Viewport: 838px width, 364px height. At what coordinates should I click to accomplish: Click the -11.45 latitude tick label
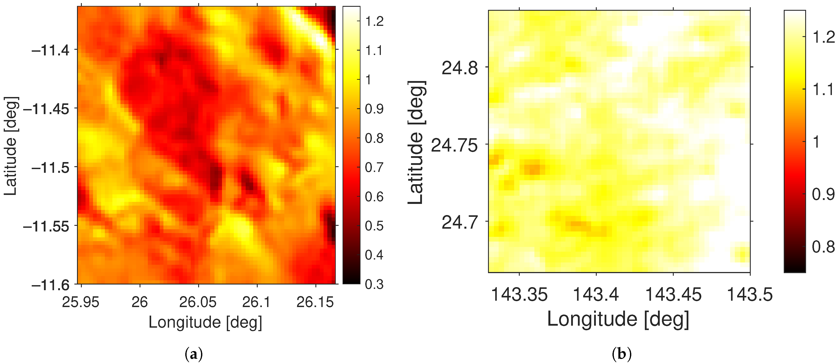pyautogui.click(x=46, y=109)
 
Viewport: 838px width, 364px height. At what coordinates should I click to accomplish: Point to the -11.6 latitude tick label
pyautogui.click(x=51, y=285)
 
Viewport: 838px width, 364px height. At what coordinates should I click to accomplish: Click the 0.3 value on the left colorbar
pyautogui.click(x=374, y=284)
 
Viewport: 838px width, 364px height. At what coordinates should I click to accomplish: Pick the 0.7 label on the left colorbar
pyautogui.click(x=374, y=168)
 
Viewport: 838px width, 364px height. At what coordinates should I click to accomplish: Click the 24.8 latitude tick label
pyautogui.click(x=460, y=68)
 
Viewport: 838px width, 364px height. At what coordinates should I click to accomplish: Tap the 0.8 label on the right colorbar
pyautogui.click(x=823, y=247)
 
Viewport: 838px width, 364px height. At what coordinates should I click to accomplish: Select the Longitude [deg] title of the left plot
pyautogui.click(x=205, y=322)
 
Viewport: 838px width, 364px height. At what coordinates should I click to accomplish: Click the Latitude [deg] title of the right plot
pyautogui.click(x=416, y=143)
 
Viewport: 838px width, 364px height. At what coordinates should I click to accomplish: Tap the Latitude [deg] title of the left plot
pyautogui.click(x=10, y=146)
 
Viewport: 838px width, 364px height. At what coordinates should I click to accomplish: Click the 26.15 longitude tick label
pyautogui.click(x=315, y=302)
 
